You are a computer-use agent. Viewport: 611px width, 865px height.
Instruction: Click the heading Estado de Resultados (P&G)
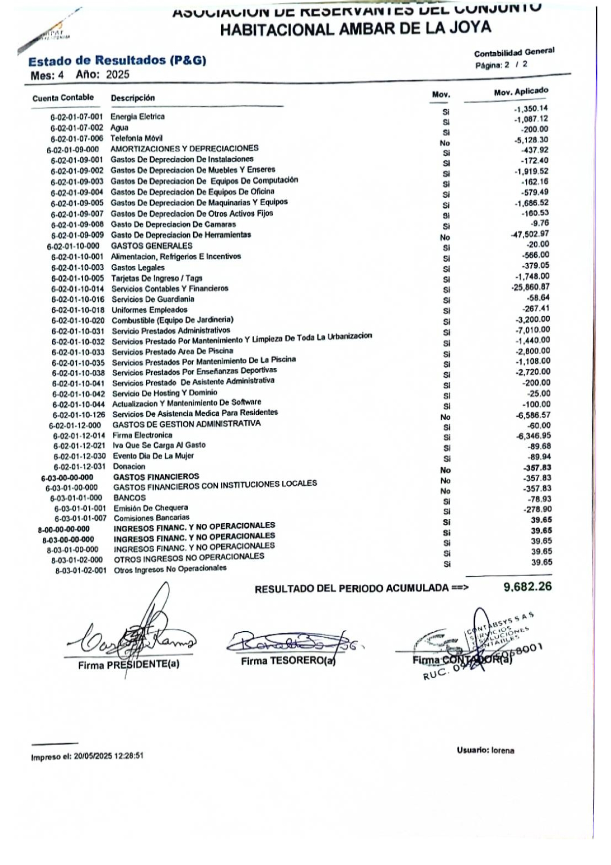tap(117, 61)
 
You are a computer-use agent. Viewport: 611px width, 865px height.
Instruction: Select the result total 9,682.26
tap(527, 586)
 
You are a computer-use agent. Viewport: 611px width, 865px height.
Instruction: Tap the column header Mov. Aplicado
tap(521, 92)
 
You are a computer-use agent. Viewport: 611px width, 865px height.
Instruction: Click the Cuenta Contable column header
tap(63, 98)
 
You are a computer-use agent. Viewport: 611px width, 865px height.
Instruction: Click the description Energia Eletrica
tap(137, 117)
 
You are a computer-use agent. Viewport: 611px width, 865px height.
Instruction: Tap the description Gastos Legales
tap(138, 268)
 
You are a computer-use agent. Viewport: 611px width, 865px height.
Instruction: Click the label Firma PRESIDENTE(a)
tap(129, 665)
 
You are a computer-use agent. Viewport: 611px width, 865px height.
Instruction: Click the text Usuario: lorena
tap(485, 751)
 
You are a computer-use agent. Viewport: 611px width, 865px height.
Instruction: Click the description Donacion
tap(129, 467)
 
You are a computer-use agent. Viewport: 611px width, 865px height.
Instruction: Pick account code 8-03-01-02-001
tap(81, 571)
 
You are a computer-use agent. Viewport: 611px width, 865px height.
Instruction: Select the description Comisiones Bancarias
tap(151, 518)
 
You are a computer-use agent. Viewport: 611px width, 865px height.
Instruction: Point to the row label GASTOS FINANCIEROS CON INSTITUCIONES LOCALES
tap(215, 485)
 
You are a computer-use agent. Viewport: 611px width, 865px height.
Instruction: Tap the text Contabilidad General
tap(514, 52)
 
